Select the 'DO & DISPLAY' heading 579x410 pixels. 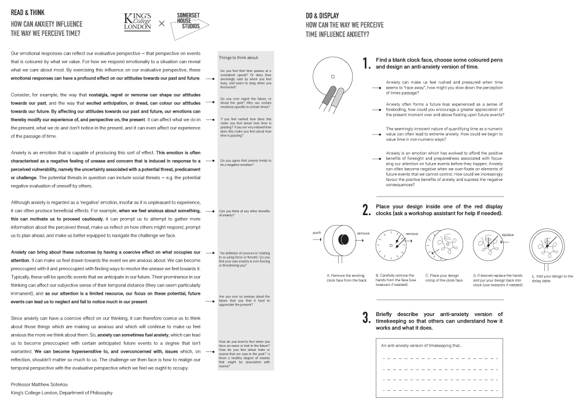pos(323,14)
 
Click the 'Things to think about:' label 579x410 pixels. pos(239,57)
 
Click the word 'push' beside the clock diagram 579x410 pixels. pos(316,233)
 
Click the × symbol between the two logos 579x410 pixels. pos(162,23)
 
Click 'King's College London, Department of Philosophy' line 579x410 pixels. pos(61,393)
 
